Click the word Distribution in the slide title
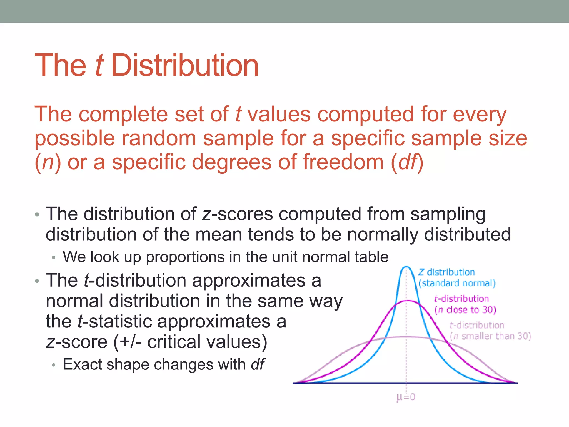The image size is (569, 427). (x=185, y=66)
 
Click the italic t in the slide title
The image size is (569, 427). (x=99, y=66)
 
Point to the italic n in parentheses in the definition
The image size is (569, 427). (x=48, y=163)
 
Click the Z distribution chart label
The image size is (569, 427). (x=446, y=272)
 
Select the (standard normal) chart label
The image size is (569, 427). (x=457, y=283)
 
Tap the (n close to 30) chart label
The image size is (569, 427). (x=465, y=310)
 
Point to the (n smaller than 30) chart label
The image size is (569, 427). (x=490, y=336)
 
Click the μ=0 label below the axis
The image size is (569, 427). (x=406, y=397)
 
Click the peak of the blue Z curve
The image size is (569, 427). (x=406, y=267)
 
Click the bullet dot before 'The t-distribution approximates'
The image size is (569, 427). (x=37, y=281)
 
